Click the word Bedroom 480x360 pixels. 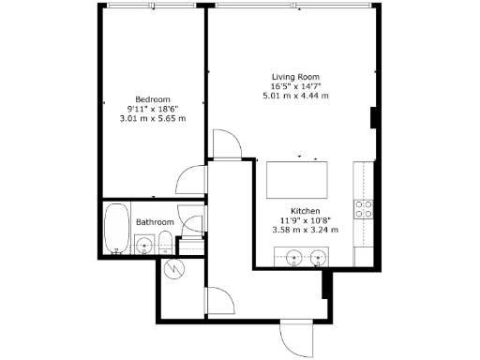coord(152,98)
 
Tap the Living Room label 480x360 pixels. coord(295,76)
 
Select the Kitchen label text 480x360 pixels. coord(307,211)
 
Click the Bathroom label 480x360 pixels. coord(155,222)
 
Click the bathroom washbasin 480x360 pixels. coord(143,247)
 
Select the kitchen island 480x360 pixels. coord(298,176)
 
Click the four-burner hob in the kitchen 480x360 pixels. coord(363,208)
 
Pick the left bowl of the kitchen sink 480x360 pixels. coord(293,256)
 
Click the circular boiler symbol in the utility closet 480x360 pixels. coord(174,269)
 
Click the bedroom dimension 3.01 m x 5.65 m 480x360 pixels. coord(152,118)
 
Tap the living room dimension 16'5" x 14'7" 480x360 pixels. coord(295,86)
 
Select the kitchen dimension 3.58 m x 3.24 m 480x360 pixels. coord(307,230)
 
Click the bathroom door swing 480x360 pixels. coord(193,225)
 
